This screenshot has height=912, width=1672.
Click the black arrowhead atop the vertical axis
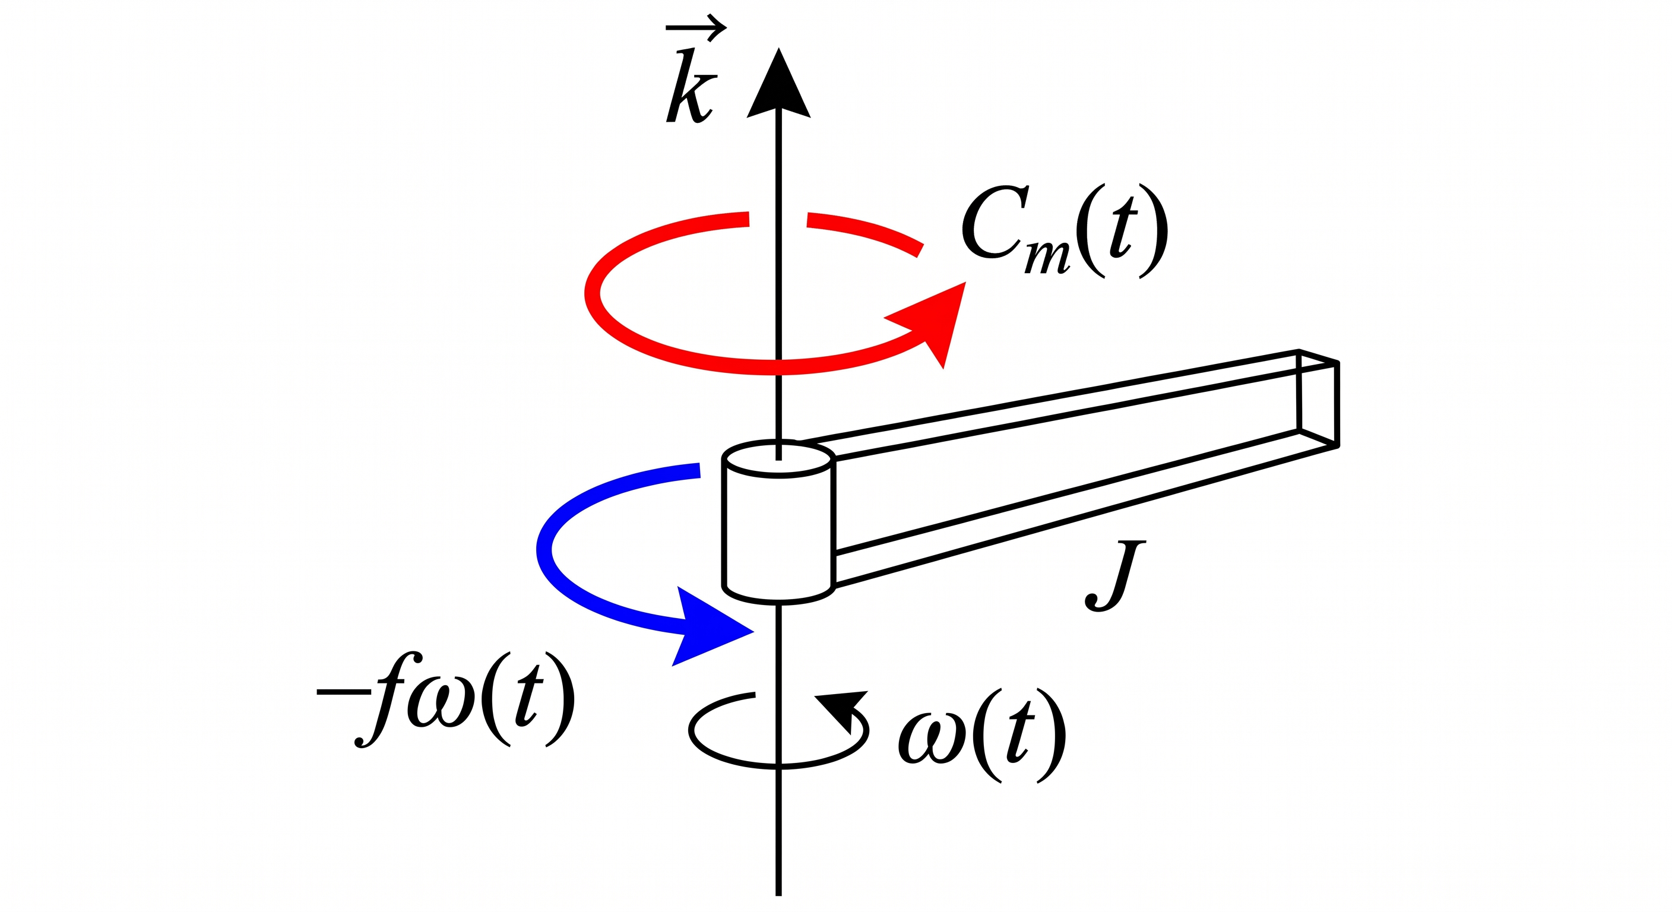pyautogui.click(x=778, y=84)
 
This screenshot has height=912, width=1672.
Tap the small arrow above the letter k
pyautogui.click(x=696, y=29)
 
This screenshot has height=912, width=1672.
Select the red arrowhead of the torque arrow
pyautogui.click(x=932, y=322)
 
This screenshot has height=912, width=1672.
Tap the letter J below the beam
pyautogui.click(x=1115, y=575)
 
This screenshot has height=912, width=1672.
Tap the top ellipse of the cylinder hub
pyautogui.click(x=778, y=460)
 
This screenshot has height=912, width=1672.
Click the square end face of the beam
pyautogui.click(x=1318, y=398)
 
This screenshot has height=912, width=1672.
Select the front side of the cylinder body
pyautogui.click(x=778, y=532)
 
